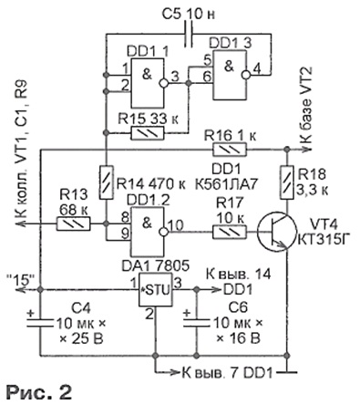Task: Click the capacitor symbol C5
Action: tap(189, 34)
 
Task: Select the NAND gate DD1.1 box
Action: tap(148, 83)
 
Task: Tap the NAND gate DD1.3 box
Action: tap(230, 75)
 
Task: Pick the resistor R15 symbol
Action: tap(148, 133)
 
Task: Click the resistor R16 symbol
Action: tap(230, 150)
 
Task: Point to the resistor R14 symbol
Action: tap(107, 182)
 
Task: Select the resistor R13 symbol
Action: tap(73, 223)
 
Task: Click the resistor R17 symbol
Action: tap(230, 232)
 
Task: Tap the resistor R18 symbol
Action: tap(286, 182)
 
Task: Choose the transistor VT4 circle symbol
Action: tap(276, 232)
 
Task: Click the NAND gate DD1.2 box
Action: tap(148, 232)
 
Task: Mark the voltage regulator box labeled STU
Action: tap(156, 289)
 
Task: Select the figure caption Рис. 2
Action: tap(39, 392)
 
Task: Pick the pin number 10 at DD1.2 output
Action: tap(176, 225)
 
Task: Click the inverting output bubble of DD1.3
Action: tap(245, 75)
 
